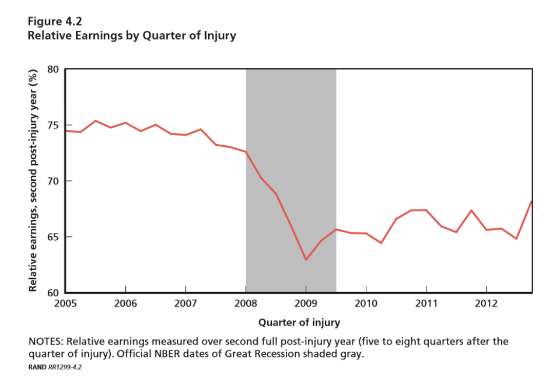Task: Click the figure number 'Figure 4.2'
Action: [x=54, y=22]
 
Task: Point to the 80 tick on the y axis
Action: [x=53, y=70]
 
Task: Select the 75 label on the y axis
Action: [x=53, y=126]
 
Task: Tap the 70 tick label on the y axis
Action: [x=53, y=181]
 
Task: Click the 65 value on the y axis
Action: [x=53, y=237]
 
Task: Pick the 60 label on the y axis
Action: [x=53, y=293]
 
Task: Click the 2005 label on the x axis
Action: [x=65, y=303]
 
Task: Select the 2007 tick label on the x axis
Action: [x=185, y=303]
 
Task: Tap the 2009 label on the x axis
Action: [x=306, y=303]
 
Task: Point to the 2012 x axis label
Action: [x=486, y=303]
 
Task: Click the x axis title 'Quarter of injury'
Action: [x=299, y=322]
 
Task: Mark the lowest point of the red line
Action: [x=306, y=260]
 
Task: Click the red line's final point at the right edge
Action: [x=532, y=201]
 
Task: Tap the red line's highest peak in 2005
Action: [x=95, y=121]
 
